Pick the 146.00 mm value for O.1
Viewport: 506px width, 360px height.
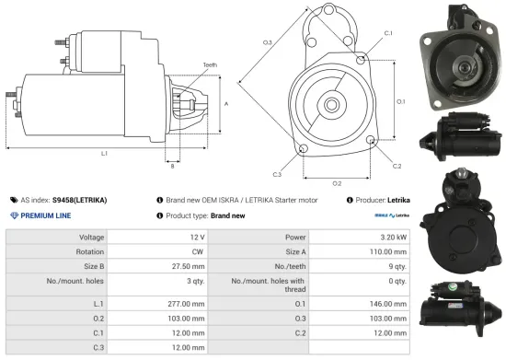click(x=386, y=303)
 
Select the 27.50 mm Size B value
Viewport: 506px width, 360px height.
click(x=188, y=266)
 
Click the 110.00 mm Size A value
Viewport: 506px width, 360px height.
click(x=386, y=251)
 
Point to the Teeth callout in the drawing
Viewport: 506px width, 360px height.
click(x=210, y=65)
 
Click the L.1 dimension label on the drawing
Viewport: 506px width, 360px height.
click(x=104, y=153)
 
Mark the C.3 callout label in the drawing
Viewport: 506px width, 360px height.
click(x=277, y=173)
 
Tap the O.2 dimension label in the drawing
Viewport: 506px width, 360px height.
click(x=337, y=183)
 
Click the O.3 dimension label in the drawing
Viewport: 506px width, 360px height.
click(x=267, y=42)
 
